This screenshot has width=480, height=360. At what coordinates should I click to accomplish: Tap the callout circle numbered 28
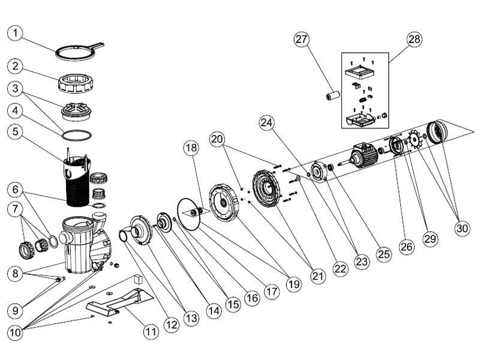point(413,40)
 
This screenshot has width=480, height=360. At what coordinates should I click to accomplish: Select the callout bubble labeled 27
point(301,40)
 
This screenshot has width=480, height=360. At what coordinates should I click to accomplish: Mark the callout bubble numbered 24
point(267,122)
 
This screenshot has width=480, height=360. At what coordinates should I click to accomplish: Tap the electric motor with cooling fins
point(364,154)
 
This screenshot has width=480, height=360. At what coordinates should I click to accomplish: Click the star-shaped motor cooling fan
point(414,142)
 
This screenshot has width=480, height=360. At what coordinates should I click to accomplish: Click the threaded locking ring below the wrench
point(79,83)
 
